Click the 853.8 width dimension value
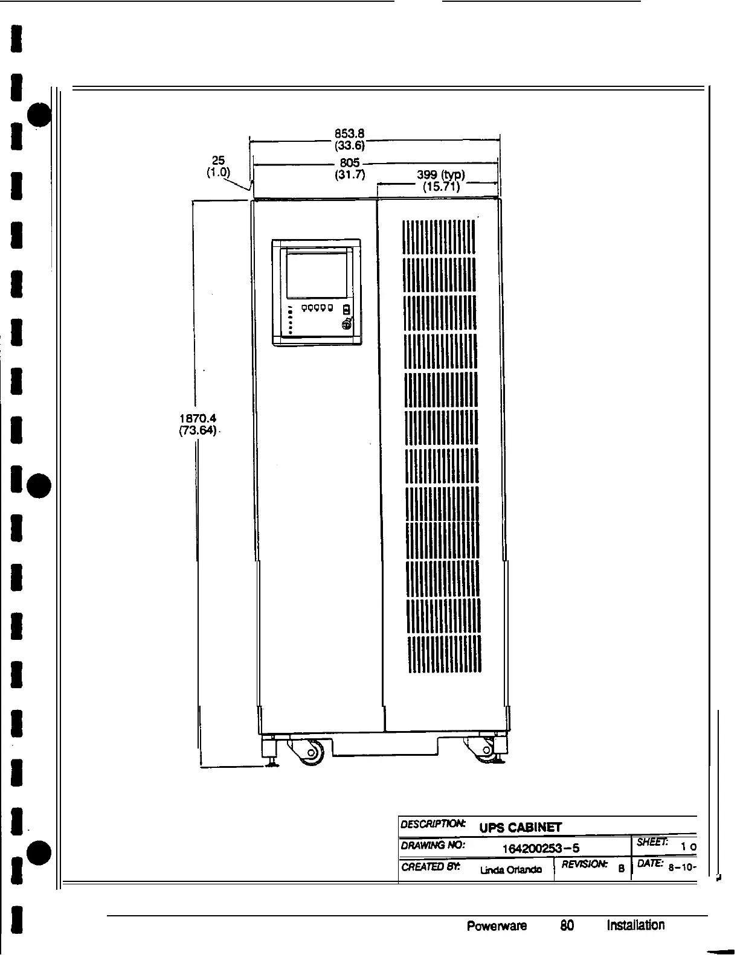point(347,134)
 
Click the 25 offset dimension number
point(218,160)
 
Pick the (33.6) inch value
point(349,145)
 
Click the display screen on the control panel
point(317,275)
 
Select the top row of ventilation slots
point(439,236)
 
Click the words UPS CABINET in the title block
point(520,827)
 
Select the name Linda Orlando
point(510,870)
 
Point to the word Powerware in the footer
point(497,925)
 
